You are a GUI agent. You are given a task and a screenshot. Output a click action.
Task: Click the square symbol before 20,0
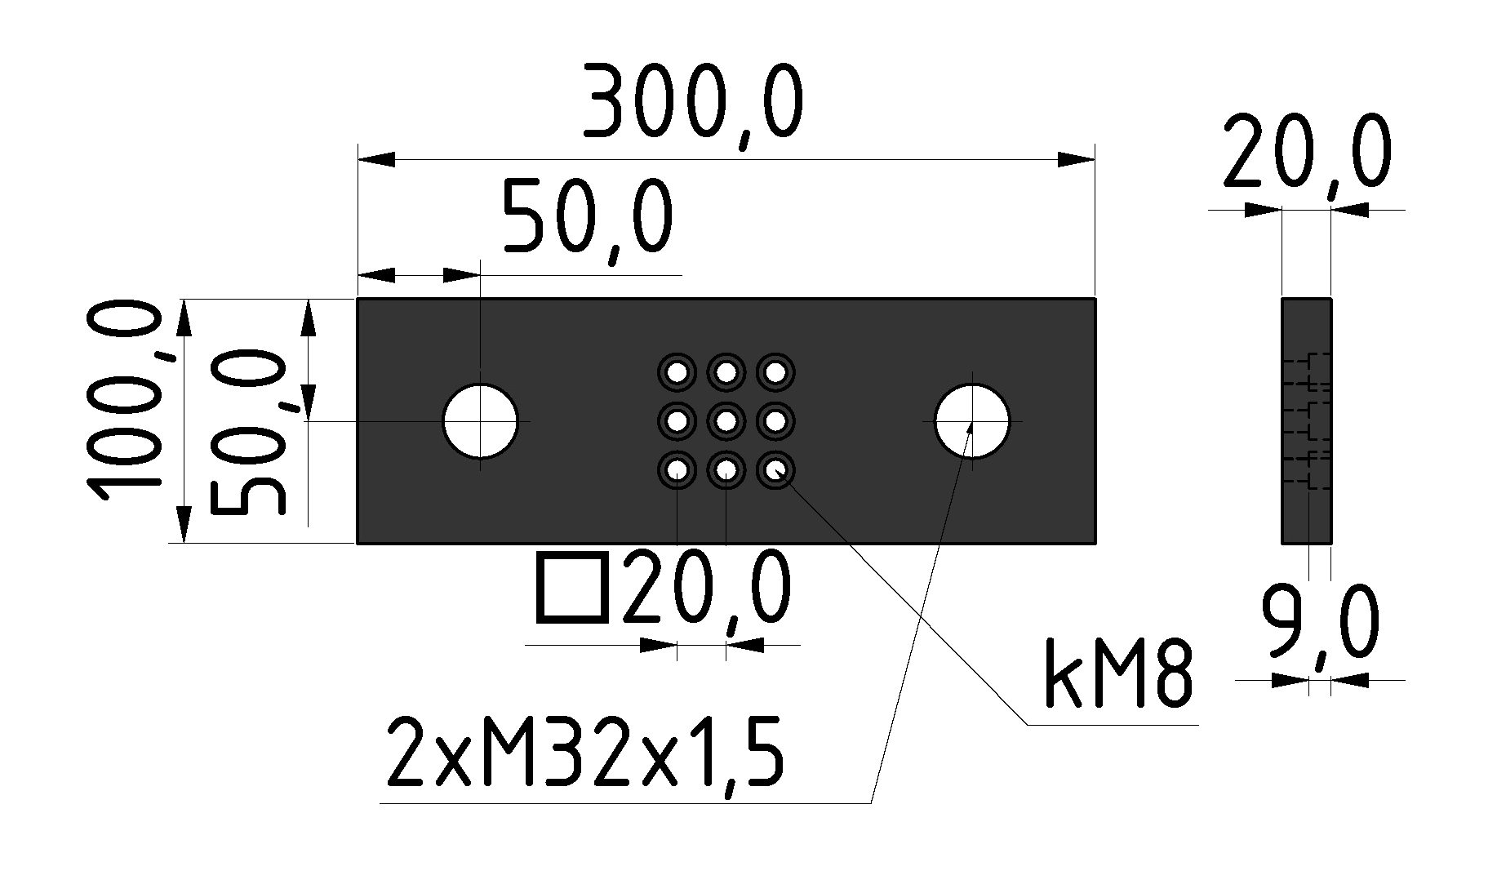pos(572,588)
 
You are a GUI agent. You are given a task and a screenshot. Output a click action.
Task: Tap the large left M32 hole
pos(481,421)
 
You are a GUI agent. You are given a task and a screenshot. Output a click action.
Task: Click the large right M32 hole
pos(972,421)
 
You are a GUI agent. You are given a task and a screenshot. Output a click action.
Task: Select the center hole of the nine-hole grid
pos(726,421)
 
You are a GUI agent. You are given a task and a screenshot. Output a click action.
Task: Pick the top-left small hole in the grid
pos(677,373)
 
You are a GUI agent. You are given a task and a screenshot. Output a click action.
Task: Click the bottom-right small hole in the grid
pos(775,470)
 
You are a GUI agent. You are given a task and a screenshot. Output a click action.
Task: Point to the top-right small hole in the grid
pos(775,373)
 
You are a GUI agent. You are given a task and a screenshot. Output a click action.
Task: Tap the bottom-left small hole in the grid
pos(677,470)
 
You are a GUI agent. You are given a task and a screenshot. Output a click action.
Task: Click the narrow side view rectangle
pos(1306,421)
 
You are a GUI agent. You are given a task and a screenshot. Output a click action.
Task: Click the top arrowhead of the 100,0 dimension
pos(184,318)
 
